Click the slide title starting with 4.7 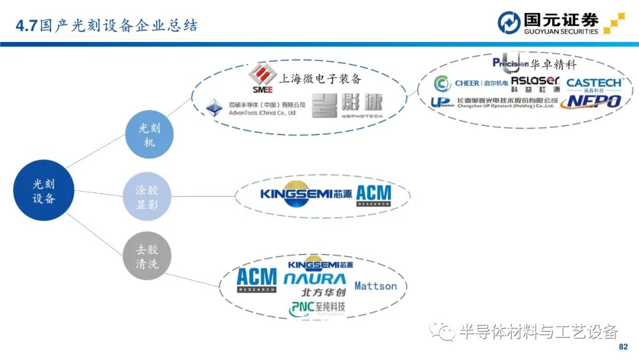coord(106,26)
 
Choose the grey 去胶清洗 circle coord(147,256)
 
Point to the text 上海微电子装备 coord(319,79)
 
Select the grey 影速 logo coord(347,105)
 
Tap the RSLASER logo coord(535,83)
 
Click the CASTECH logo coord(594,84)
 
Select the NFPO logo coord(591,101)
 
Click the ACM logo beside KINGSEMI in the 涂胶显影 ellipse coord(374,196)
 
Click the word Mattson coord(376,286)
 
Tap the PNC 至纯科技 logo coord(317,308)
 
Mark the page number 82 coord(622,346)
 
